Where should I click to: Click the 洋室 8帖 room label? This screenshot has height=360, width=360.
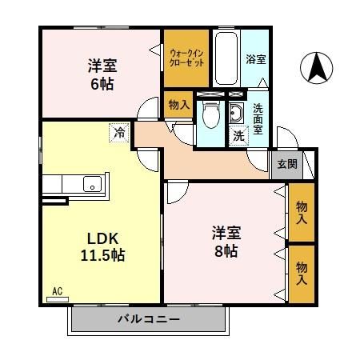coord(226,242)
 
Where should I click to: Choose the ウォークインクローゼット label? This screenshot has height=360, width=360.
coord(186,58)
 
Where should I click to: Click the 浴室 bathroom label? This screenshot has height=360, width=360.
coord(255,59)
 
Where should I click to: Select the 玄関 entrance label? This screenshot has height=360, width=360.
coord(286,163)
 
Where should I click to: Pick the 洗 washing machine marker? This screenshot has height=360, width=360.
coord(238,136)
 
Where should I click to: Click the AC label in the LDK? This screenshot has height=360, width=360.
coord(57,290)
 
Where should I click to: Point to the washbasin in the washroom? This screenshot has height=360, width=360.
coord(237,112)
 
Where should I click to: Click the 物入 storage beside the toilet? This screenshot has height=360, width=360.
coord(178,104)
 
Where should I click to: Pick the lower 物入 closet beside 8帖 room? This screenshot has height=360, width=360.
coord(302,272)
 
